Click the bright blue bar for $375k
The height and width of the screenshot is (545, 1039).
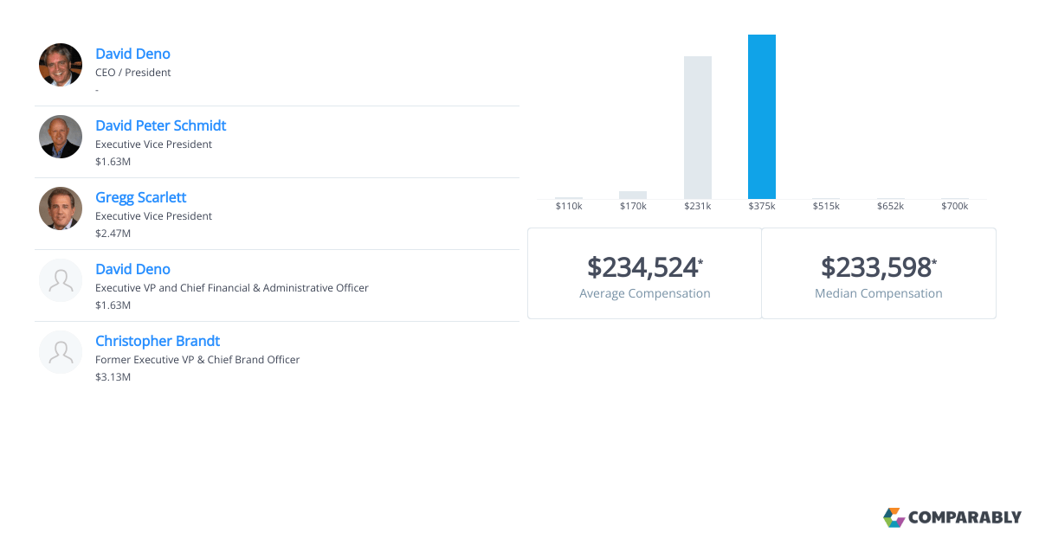762,117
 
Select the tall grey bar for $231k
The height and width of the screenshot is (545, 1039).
698,128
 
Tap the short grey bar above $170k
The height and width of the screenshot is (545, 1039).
633,195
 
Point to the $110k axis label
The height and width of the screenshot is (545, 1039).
569,206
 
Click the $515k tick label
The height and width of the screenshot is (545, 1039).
826,206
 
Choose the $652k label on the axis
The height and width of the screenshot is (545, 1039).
890,206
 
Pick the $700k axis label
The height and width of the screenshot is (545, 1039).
954,206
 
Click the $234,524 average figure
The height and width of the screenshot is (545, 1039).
642,266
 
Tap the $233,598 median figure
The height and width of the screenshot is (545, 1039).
876,266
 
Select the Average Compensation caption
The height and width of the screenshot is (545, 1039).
645,293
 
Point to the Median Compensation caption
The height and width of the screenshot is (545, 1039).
879,293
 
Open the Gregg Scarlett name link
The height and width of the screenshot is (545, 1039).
140,197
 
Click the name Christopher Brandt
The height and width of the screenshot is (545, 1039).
158,341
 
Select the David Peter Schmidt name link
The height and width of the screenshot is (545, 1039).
160,125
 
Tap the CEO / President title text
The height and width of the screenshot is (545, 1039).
133,73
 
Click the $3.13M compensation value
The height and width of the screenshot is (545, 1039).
113,377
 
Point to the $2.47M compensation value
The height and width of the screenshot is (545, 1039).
113,234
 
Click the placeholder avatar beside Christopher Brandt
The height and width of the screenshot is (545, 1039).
61,352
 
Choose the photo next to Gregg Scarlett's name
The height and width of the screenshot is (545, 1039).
61,208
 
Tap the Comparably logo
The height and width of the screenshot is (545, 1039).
952,517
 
